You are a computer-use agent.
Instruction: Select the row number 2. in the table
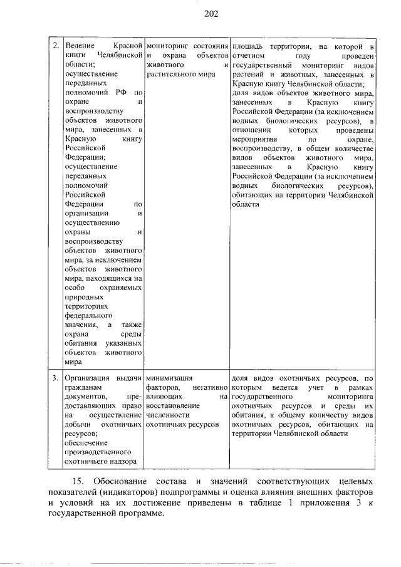55,46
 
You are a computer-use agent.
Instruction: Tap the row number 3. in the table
55,379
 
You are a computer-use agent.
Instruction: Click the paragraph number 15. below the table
78,482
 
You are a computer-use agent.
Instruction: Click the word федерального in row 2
86,316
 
